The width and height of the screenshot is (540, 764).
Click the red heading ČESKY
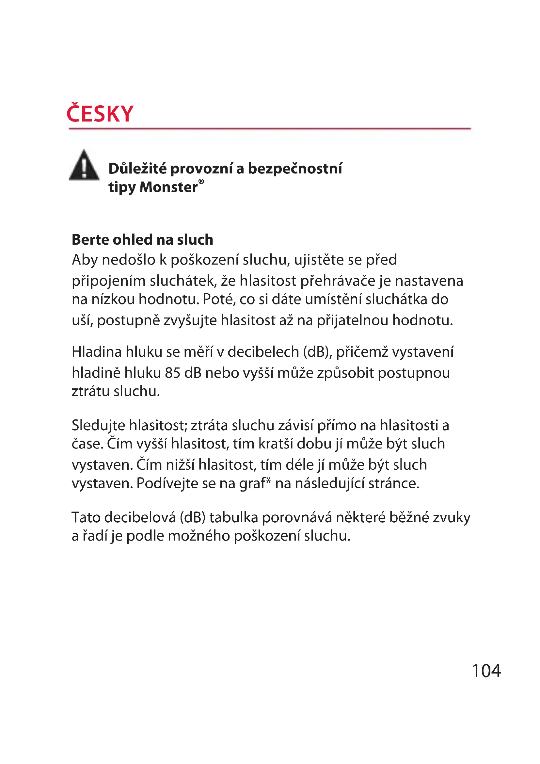100,114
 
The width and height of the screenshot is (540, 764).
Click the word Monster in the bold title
168,187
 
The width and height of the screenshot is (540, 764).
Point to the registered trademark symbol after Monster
201,181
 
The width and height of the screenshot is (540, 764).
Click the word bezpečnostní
295,169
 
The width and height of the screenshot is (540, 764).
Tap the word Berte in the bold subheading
90,239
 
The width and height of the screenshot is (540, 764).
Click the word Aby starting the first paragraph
85,260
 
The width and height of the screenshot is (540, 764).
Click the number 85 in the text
172,373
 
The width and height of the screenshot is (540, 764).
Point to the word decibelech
263,352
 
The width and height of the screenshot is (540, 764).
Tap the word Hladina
97,352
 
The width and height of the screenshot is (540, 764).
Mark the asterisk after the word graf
268,481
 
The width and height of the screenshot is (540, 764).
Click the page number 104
486,671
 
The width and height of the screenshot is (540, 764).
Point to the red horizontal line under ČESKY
270,128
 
